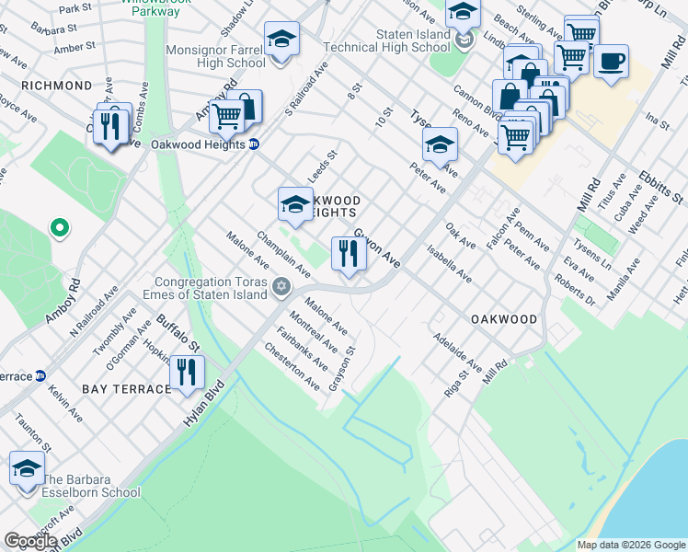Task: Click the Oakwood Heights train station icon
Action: pyautogui.click(x=254, y=144)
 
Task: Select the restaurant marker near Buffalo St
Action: pyautogui.click(x=186, y=372)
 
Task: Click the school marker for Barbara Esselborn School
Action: pyautogui.click(x=27, y=468)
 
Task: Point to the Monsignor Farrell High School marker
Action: pyautogui.click(x=281, y=40)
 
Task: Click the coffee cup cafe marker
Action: pyautogui.click(x=611, y=62)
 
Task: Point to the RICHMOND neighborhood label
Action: pyautogui.click(x=56, y=86)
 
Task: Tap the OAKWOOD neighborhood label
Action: pyautogui.click(x=504, y=319)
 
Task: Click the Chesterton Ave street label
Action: pyautogui.click(x=292, y=365)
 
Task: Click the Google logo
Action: pyautogui.click(x=29, y=540)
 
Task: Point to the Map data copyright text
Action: pyautogui.click(x=630, y=545)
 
